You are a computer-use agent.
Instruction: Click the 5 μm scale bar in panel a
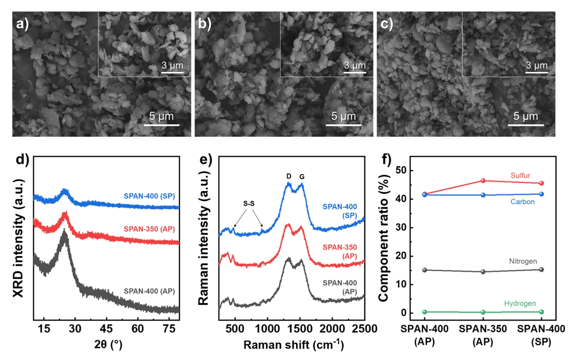(x=161, y=126)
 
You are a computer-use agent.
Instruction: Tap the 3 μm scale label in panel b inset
(x=354, y=65)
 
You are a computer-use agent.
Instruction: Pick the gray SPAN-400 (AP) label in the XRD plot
(x=149, y=291)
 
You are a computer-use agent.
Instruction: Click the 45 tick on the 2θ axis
(x=107, y=329)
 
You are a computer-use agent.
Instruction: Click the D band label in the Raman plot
(x=289, y=177)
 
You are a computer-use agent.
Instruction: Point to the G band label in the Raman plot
(x=302, y=177)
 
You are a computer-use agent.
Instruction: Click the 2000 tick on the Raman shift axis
(x=332, y=329)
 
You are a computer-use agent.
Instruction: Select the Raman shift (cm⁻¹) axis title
(x=294, y=345)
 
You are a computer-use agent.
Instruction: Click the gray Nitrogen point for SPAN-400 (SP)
(x=541, y=269)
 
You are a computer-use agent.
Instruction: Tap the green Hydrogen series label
(x=520, y=304)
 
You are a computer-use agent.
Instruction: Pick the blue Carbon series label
(x=522, y=202)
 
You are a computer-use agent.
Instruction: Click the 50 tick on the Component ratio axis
(x=410, y=170)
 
